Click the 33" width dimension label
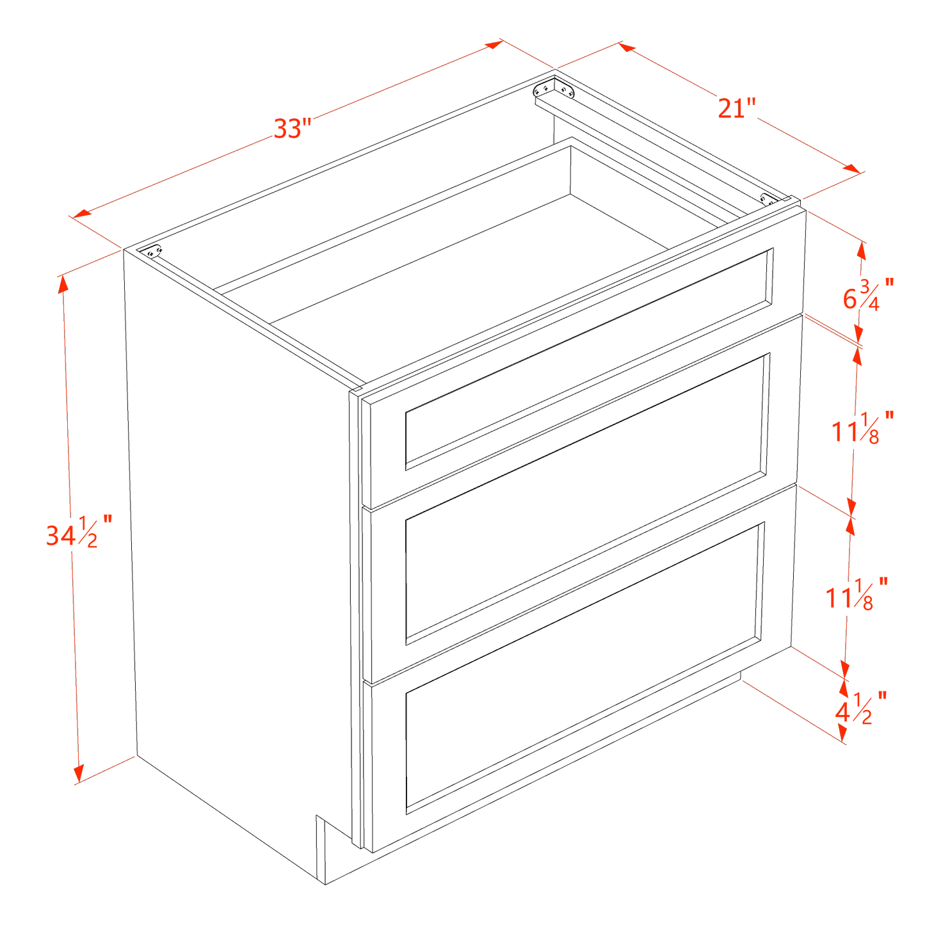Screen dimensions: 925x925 (292, 128)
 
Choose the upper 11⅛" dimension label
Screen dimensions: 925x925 (862, 428)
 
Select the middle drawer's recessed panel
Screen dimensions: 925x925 (586, 499)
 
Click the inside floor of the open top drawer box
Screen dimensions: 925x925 (448, 256)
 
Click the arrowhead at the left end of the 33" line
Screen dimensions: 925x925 (80, 214)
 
